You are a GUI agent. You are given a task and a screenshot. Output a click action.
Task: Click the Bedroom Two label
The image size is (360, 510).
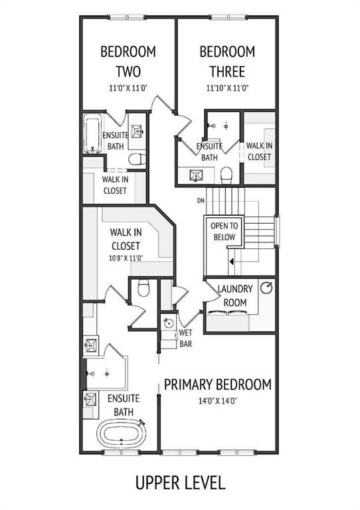[x=128, y=62]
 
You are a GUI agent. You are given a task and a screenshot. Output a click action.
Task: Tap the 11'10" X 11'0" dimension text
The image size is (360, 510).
[x=228, y=88]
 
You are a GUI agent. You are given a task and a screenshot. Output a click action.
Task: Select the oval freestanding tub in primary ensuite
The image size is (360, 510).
[x=122, y=434]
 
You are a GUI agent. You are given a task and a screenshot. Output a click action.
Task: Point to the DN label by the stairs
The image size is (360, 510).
[x=201, y=201]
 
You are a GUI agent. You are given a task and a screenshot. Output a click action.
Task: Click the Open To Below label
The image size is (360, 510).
[x=225, y=231]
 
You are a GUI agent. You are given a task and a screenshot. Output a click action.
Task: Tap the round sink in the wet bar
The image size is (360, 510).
[x=169, y=323]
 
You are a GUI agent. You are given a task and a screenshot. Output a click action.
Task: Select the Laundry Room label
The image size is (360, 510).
[x=235, y=296]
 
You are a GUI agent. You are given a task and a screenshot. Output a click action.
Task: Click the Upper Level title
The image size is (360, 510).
[x=180, y=483]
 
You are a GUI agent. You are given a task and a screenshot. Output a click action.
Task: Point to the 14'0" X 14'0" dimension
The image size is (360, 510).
[x=218, y=400]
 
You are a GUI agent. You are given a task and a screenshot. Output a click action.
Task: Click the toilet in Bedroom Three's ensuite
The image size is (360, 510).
[x=226, y=175]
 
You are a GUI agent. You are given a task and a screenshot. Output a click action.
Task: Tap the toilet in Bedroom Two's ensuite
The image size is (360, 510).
[x=137, y=159]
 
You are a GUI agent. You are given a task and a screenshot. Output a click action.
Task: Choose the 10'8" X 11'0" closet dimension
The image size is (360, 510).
[x=126, y=258]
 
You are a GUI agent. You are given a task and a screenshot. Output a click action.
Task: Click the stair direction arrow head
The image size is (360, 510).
[x=232, y=261]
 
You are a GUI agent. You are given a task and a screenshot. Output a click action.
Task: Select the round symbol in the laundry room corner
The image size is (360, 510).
[x=266, y=288]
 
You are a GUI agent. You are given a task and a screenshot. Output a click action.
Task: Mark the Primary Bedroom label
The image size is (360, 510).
[x=218, y=384]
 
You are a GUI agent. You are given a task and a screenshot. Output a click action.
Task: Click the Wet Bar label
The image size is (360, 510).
[x=186, y=338]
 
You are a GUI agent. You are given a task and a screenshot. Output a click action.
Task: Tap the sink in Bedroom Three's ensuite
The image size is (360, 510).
[x=196, y=175]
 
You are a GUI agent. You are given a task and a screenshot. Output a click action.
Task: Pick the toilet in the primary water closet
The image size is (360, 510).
[x=143, y=288]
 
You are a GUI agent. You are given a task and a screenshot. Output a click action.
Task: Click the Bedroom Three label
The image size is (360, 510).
[x=227, y=62]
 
